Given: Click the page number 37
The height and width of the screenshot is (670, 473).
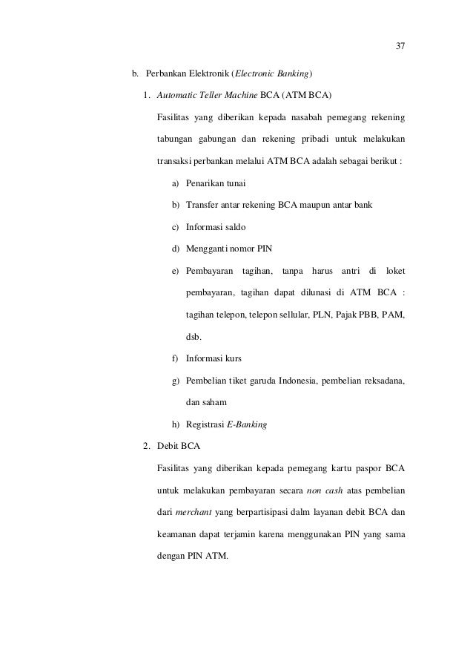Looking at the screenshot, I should [400, 47].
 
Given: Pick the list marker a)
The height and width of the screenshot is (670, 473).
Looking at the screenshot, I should [175, 183].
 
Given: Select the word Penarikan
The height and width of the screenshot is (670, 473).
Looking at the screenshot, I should [205, 183].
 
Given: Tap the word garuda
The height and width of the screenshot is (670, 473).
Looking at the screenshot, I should [261, 381].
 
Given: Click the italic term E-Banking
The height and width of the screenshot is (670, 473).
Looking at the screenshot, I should [248, 425].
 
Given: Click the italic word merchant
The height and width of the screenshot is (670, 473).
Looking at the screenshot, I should [191, 511].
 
